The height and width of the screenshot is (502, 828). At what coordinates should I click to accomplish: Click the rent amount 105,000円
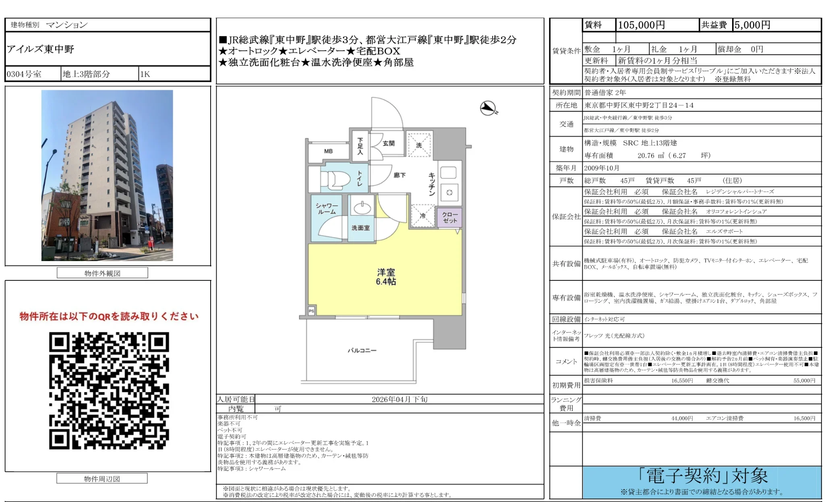641,25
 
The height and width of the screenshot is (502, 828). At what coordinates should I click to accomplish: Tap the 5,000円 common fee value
752,25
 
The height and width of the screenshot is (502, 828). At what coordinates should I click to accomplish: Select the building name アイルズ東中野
41,49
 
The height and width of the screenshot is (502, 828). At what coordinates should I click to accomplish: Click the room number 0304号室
24,74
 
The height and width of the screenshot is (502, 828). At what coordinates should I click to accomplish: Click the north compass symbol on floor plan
489,108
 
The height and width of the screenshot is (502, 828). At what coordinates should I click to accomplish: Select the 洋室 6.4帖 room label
386,277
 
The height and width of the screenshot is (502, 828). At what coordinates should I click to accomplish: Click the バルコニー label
362,351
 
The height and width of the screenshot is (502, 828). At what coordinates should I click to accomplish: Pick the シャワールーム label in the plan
327,209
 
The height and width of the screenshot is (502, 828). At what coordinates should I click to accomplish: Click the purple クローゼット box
450,218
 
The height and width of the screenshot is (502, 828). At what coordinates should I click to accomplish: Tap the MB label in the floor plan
328,151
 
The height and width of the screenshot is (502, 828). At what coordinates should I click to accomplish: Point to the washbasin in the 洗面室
362,208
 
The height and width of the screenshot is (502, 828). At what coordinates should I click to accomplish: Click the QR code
109,390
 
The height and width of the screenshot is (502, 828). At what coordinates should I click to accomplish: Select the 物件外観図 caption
102,273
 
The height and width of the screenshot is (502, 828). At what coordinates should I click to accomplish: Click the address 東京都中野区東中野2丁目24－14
639,105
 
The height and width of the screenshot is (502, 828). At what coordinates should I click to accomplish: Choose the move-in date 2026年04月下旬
400,399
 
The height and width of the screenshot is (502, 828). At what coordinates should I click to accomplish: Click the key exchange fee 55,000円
804,380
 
